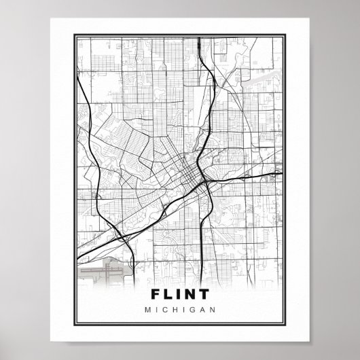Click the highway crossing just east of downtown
click(202, 182)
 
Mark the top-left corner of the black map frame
click(75, 35)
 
